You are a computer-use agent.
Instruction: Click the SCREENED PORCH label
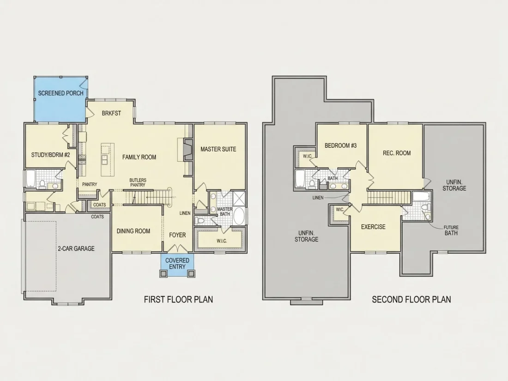(60, 93)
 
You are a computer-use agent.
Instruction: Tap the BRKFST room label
(111, 113)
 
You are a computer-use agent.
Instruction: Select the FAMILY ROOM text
(139, 157)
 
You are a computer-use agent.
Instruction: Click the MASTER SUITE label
(218, 149)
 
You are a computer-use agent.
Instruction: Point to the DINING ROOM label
(133, 231)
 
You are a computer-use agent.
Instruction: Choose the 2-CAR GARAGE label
(76, 248)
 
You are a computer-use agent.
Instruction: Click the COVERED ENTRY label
(177, 263)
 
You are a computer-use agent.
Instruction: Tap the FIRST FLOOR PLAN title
(179, 299)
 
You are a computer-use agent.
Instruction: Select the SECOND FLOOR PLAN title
(411, 299)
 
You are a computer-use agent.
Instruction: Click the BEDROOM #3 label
(340, 146)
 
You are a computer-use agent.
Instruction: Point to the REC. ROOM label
(397, 153)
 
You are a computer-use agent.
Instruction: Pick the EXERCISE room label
(373, 227)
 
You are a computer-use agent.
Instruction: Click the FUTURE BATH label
(451, 230)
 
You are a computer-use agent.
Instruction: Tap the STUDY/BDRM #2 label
(50, 155)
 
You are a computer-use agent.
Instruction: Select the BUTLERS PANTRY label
(138, 182)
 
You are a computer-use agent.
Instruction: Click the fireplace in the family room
(187, 150)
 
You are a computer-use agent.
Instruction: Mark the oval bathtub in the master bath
(239, 216)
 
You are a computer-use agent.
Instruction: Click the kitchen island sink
(105, 160)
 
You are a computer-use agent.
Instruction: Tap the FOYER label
(177, 235)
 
